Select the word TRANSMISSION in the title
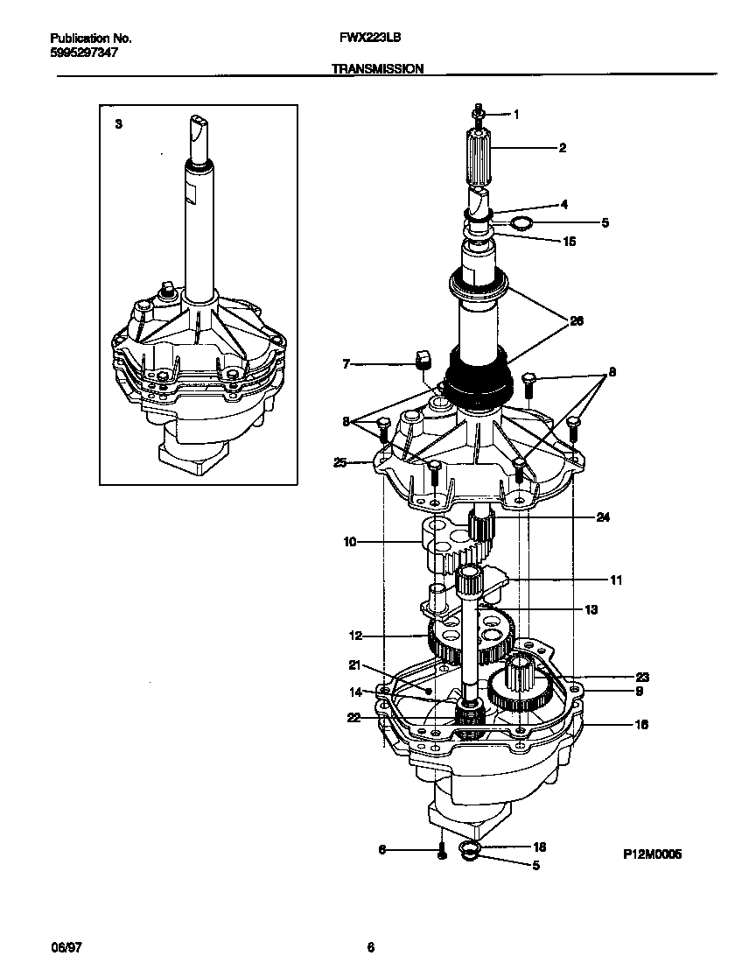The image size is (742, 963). pos(377,67)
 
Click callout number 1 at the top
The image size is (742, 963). pos(516,114)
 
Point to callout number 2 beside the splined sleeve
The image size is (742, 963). pos(562,148)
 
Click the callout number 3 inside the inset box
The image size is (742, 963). pos(118,125)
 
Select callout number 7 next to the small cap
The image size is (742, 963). pos(346,362)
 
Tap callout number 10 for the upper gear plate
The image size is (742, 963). pos(349,543)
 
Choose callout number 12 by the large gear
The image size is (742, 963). pos(354,636)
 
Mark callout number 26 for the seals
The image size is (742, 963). pos(576,321)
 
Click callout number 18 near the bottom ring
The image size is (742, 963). pos(539,847)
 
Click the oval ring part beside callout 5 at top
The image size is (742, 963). pos(521,223)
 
